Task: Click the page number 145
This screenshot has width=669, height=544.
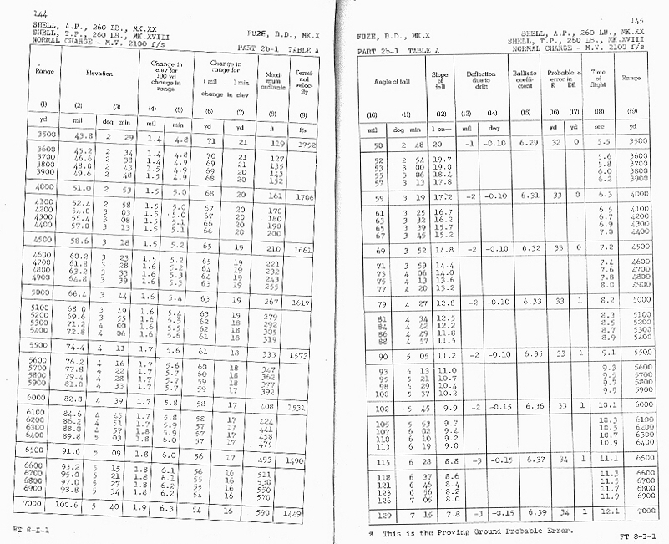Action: (636, 20)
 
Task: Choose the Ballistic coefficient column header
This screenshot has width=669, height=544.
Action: (524, 79)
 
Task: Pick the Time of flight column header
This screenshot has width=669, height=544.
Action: (598, 79)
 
